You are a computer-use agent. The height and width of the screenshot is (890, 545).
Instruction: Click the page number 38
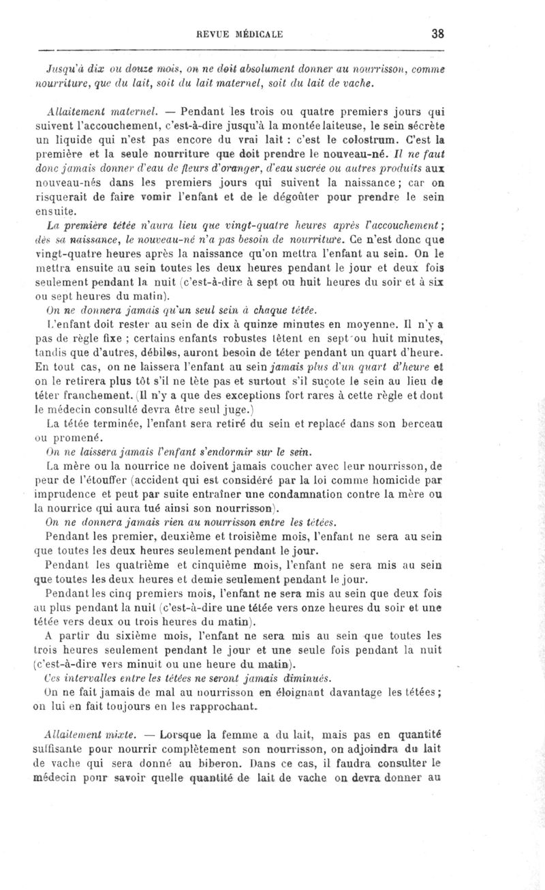[437, 33]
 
